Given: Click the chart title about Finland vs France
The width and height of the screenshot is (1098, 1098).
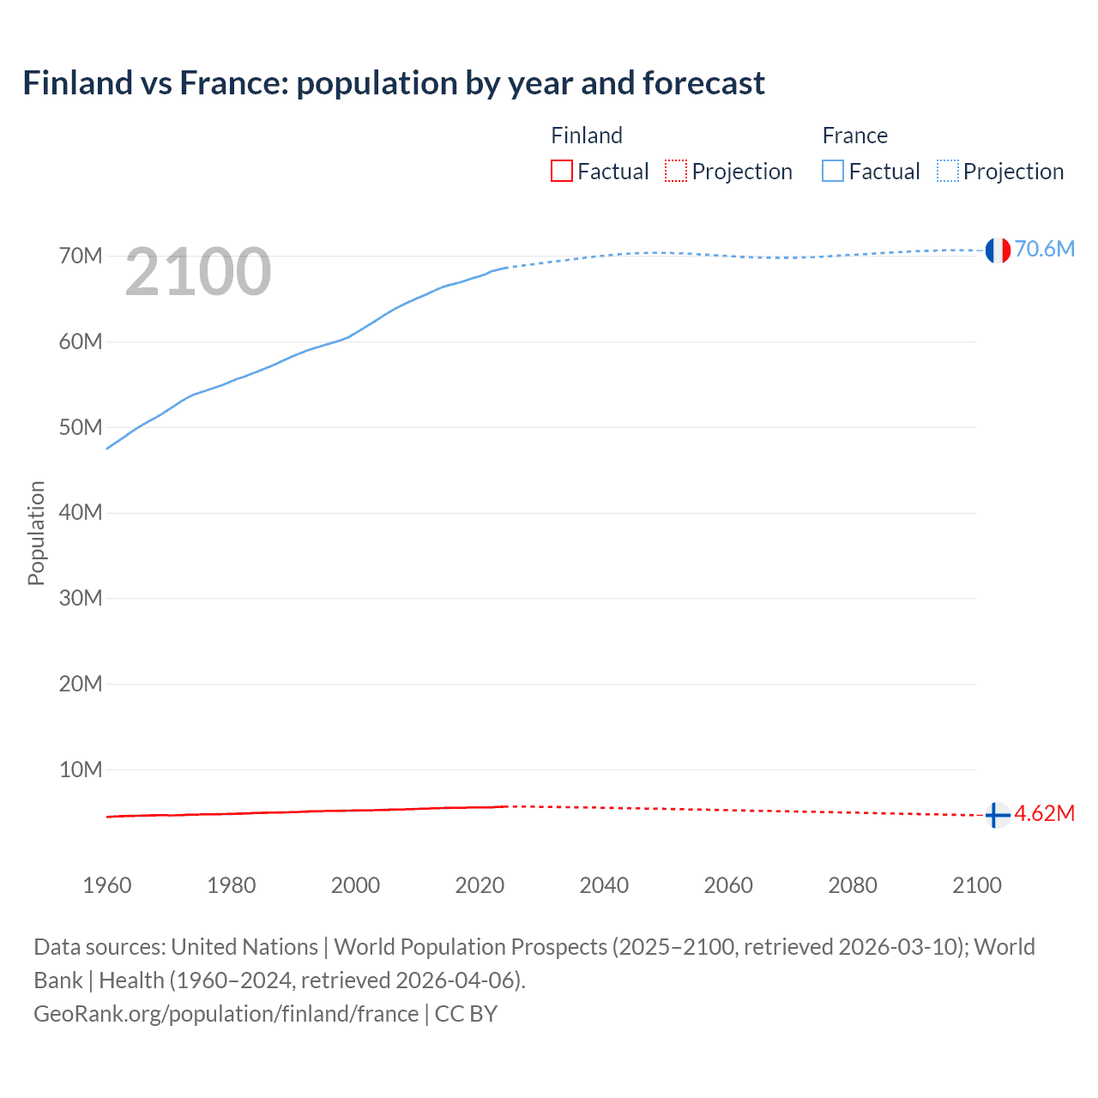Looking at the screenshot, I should [394, 83].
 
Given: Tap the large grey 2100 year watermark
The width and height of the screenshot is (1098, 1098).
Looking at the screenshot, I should [198, 272].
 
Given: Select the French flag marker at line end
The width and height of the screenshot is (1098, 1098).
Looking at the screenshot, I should [997, 250].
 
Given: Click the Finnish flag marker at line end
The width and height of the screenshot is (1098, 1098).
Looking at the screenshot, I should [997, 814].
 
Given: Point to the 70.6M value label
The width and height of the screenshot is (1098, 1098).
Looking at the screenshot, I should [1044, 249].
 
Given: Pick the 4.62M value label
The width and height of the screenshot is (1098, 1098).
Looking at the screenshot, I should [1044, 813].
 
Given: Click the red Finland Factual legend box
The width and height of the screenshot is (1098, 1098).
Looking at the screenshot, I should [562, 172].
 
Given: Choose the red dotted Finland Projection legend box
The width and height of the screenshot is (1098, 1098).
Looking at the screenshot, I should [676, 172].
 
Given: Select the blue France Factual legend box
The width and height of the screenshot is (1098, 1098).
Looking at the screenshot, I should [833, 172].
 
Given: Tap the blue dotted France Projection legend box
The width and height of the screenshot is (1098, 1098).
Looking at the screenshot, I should [948, 172].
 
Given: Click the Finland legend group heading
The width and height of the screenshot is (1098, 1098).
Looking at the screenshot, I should [587, 136].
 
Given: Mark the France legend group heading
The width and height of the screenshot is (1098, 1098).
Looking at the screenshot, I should [854, 136].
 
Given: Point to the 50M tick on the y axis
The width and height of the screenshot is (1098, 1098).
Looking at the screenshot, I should [81, 427].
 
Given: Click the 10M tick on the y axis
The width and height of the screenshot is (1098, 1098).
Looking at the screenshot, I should [81, 769].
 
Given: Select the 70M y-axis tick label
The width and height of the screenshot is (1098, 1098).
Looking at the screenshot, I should [81, 256].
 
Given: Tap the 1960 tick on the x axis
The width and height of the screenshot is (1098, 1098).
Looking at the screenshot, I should [107, 885].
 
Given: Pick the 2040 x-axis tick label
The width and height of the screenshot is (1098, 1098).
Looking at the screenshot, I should [604, 885].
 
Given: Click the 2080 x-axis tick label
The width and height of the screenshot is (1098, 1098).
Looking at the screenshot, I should [853, 885].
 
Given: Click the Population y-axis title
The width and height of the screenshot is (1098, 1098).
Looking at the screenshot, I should [36, 533].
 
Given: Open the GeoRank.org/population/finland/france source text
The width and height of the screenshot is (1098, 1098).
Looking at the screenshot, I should [226, 1014].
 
